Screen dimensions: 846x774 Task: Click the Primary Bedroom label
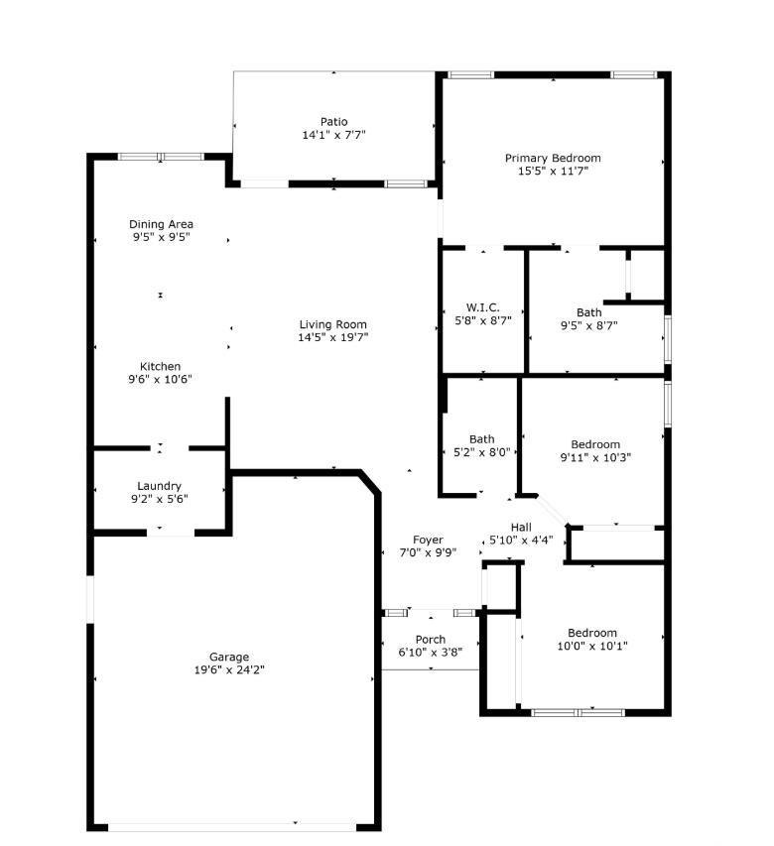coord(553,158)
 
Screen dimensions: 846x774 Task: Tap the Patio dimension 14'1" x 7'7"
coord(335,135)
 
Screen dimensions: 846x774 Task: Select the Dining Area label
coord(161,224)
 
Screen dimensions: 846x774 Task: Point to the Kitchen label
coord(160,366)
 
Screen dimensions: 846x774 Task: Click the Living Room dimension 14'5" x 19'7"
coord(333,337)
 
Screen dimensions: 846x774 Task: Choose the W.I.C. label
coord(482,307)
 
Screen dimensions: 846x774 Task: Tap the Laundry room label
coord(160,486)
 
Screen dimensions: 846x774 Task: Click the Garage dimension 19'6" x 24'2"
coord(229,669)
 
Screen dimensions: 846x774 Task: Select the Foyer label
coord(429,540)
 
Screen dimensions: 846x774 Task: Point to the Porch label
coord(431,639)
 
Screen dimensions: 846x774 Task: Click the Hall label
coord(522,527)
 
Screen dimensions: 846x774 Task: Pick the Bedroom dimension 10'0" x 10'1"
coord(592,646)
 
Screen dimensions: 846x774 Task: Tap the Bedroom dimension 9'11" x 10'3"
coord(595,457)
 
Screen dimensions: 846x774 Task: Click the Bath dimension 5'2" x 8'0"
coord(482,451)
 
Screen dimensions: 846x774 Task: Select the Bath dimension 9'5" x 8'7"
coord(589,325)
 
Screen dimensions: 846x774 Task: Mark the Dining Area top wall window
coord(161,157)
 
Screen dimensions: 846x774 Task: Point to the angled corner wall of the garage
coord(370,483)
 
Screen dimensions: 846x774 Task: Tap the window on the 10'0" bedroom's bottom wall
coord(579,711)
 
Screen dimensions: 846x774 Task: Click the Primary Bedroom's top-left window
coord(470,74)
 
